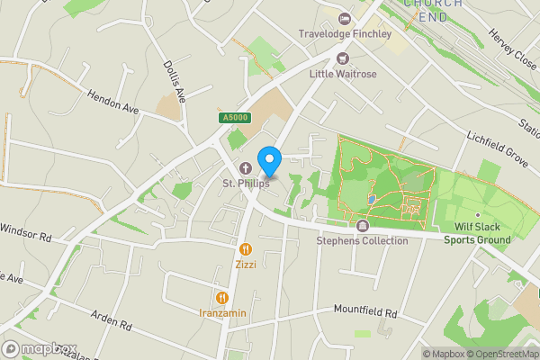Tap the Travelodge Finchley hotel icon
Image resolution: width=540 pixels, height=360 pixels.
[x=343, y=19]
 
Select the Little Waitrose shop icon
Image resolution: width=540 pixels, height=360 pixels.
[x=341, y=58]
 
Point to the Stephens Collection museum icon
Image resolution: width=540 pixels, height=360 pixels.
[x=363, y=226]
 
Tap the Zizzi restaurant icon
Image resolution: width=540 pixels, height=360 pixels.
[x=246, y=249]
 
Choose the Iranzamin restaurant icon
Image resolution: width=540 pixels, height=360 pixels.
[x=220, y=297]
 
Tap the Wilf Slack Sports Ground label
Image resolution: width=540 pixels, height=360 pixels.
[x=477, y=234]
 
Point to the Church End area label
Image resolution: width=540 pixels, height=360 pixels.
[x=433, y=7]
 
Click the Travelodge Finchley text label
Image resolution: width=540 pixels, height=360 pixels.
[x=346, y=34]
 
